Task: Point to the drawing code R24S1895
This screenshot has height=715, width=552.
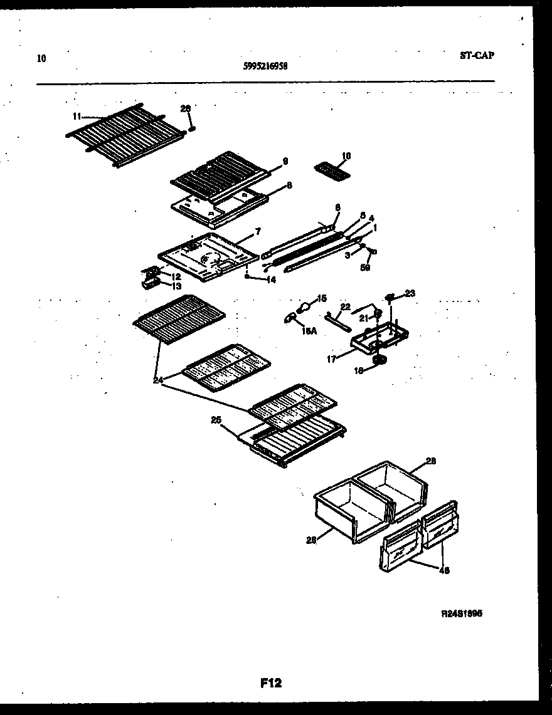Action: pos(462,614)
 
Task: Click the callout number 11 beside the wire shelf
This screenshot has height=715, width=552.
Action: pos(77,116)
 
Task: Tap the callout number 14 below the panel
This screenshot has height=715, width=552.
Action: pos(270,280)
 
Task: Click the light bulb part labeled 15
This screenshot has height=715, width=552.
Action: pos(304,308)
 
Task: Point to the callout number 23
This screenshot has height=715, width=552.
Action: pos(410,293)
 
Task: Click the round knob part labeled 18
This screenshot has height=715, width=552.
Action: pos(379,360)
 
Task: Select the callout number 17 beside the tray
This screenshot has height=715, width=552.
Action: pos(332,359)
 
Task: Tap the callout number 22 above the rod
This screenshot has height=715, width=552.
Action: pos(344,306)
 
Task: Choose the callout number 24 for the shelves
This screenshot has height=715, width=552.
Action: pos(158,380)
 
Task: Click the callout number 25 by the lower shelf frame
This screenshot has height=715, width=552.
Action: pos(216,420)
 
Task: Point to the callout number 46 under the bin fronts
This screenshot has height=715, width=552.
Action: pos(444,570)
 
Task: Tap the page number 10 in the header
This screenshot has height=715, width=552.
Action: pos(41,59)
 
